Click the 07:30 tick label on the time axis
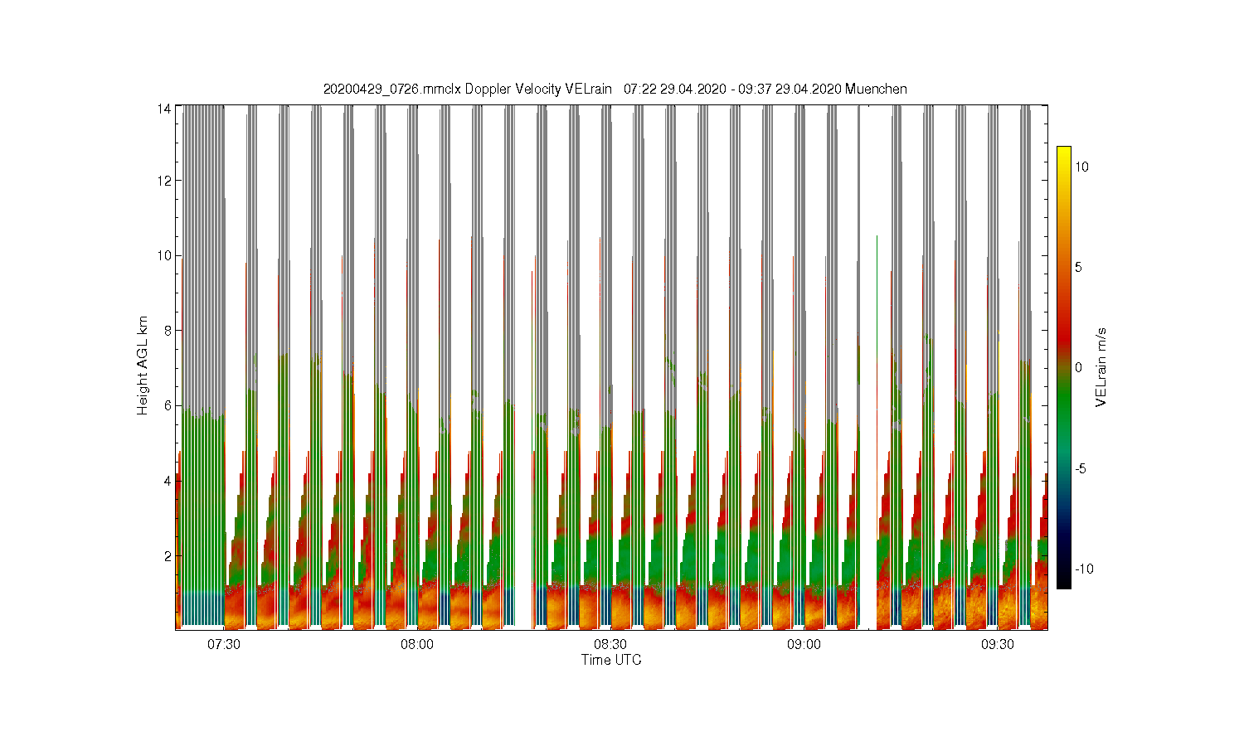[224, 644]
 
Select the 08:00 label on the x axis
[417, 644]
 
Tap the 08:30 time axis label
[610, 644]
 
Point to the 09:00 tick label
[804, 644]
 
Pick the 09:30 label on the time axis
[998, 644]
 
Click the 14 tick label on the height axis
[164, 109]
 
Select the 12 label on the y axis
[164, 181]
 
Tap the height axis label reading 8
[168, 331]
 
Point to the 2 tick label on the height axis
[168, 556]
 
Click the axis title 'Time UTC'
[611, 660]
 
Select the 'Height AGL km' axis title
[143, 366]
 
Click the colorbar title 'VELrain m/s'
[1101, 367]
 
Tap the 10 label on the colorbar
[1081, 167]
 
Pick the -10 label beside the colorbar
[1084, 569]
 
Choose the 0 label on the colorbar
[1078, 367]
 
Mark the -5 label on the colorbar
[1081, 469]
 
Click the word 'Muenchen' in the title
[876, 89]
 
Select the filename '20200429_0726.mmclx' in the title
[392, 89]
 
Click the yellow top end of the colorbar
[1063, 148]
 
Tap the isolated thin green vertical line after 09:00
[877, 433]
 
